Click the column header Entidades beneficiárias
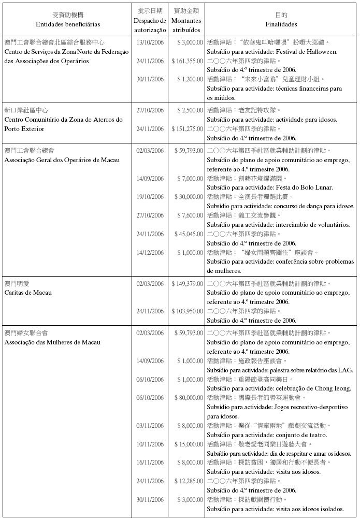(68, 24)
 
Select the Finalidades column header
(281, 24)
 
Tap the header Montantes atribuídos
(186, 24)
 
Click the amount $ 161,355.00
(187, 61)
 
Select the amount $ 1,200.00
(190, 79)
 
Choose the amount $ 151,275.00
(187, 129)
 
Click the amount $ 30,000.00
(188, 197)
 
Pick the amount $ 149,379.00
(187, 283)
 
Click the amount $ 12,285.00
(188, 481)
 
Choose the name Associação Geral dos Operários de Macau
(62, 160)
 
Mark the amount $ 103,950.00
(187, 311)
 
